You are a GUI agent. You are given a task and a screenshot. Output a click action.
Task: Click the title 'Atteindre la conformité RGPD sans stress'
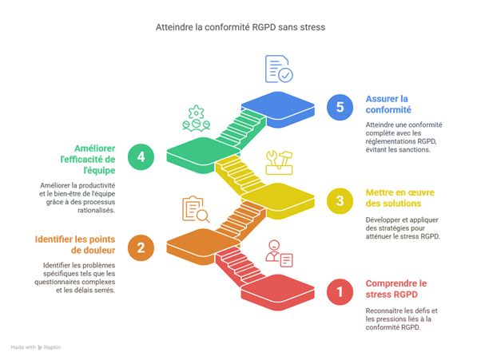(240, 27)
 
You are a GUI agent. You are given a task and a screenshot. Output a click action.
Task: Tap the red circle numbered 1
(340, 292)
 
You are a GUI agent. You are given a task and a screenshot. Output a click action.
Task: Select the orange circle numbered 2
(141, 247)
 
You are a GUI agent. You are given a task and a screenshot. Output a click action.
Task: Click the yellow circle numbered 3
(340, 200)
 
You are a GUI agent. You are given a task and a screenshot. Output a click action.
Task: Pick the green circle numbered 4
(141, 156)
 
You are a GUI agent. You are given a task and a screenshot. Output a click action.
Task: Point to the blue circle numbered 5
(340, 106)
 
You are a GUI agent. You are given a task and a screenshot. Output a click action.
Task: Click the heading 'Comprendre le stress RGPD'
(396, 288)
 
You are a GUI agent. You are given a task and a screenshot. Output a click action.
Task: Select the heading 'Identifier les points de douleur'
(76, 244)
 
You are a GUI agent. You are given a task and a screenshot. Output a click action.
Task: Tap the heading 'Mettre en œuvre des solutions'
(397, 196)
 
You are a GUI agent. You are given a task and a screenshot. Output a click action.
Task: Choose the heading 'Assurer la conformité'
(388, 104)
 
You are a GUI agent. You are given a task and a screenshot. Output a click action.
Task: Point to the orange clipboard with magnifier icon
(195, 209)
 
